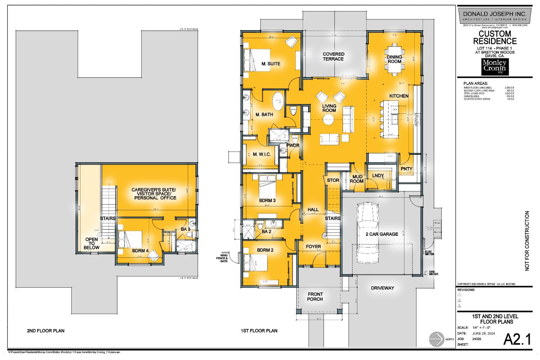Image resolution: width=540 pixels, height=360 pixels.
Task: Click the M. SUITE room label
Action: [x=271, y=64]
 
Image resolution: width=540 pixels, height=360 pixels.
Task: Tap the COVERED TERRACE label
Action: [x=333, y=57]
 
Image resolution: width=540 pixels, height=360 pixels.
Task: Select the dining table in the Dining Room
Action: [x=395, y=59]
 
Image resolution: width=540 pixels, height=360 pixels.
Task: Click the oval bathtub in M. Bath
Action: [x=278, y=101]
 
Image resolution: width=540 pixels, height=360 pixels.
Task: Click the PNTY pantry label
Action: [x=406, y=169]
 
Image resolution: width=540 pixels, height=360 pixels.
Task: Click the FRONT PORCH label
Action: [x=315, y=296]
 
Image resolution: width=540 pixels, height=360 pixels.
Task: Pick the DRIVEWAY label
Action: [x=383, y=288]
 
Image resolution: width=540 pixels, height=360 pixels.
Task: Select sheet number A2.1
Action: [x=517, y=339]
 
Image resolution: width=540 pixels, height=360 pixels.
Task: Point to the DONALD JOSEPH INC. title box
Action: [x=494, y=15]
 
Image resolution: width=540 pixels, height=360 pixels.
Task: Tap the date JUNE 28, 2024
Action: [x=483, y=333]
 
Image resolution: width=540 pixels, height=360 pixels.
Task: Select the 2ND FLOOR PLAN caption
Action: [x=46, y=330]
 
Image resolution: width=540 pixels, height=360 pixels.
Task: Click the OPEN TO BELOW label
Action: [x=91, y=244]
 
